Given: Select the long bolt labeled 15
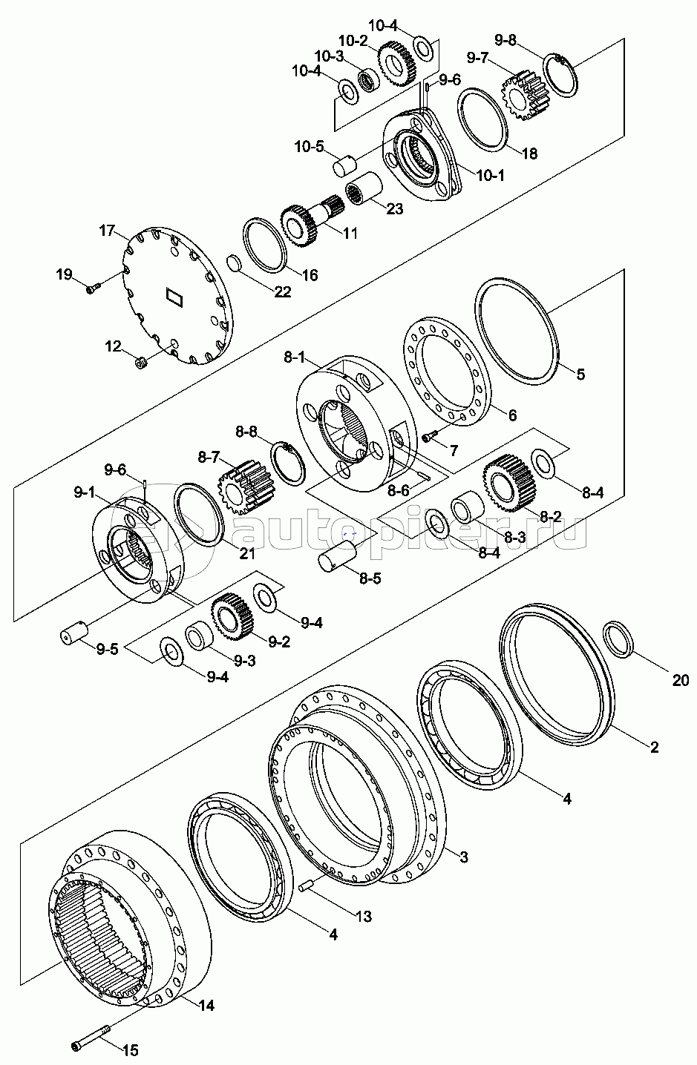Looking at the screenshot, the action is (x=91, y=1035).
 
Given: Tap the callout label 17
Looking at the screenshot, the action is (x=108, y=231).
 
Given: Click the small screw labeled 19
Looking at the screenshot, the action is (x=94, y=288).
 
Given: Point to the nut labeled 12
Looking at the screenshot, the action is (x=141, y=363).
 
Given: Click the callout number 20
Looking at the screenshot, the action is (x=681, y=681).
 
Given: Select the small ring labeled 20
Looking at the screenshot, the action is (x=618, y=639).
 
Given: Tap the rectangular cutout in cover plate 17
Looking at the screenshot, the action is (x=174, y=296).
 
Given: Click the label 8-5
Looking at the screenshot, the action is (x=370, y=578).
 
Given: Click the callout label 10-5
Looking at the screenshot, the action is (x=309, y=146).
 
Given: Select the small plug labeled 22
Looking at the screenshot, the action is (x=233, y=264).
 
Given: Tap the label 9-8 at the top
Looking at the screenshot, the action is (x=505, y=40).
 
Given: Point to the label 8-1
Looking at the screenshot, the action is (x=295, y=357).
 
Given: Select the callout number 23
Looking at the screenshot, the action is (x=394, y=208).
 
